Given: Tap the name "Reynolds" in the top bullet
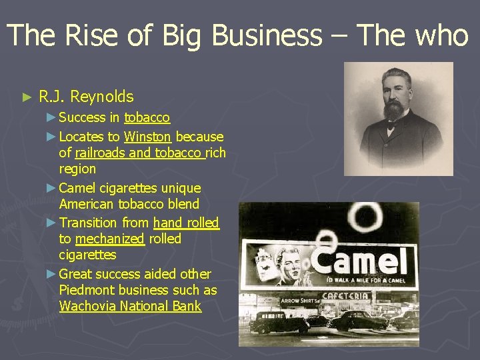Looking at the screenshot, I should pos(101,97).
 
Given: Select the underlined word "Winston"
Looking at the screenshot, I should pos(147,137).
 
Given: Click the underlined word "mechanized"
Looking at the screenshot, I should pos(109,239).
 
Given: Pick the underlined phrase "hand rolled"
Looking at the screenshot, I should pos(186,223).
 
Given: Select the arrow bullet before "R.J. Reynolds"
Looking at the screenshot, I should pos(27,97).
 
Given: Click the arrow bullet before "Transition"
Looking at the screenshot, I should pos(52,223).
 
